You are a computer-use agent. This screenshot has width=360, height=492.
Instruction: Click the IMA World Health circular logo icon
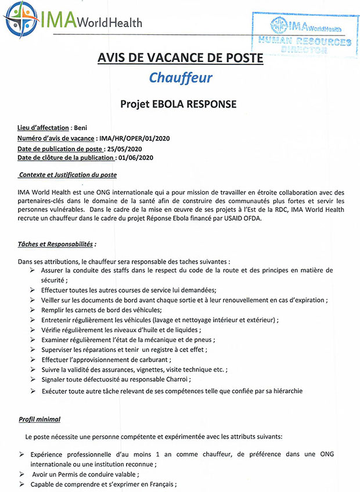21,20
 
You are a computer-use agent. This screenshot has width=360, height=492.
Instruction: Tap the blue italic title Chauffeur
180,77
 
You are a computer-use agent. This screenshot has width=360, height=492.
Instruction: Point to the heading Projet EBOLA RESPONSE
178,105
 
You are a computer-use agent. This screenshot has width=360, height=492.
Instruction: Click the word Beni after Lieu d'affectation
81,127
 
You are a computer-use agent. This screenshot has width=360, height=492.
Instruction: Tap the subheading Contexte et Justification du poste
67,175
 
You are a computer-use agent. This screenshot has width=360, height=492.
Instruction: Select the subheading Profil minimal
39,419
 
